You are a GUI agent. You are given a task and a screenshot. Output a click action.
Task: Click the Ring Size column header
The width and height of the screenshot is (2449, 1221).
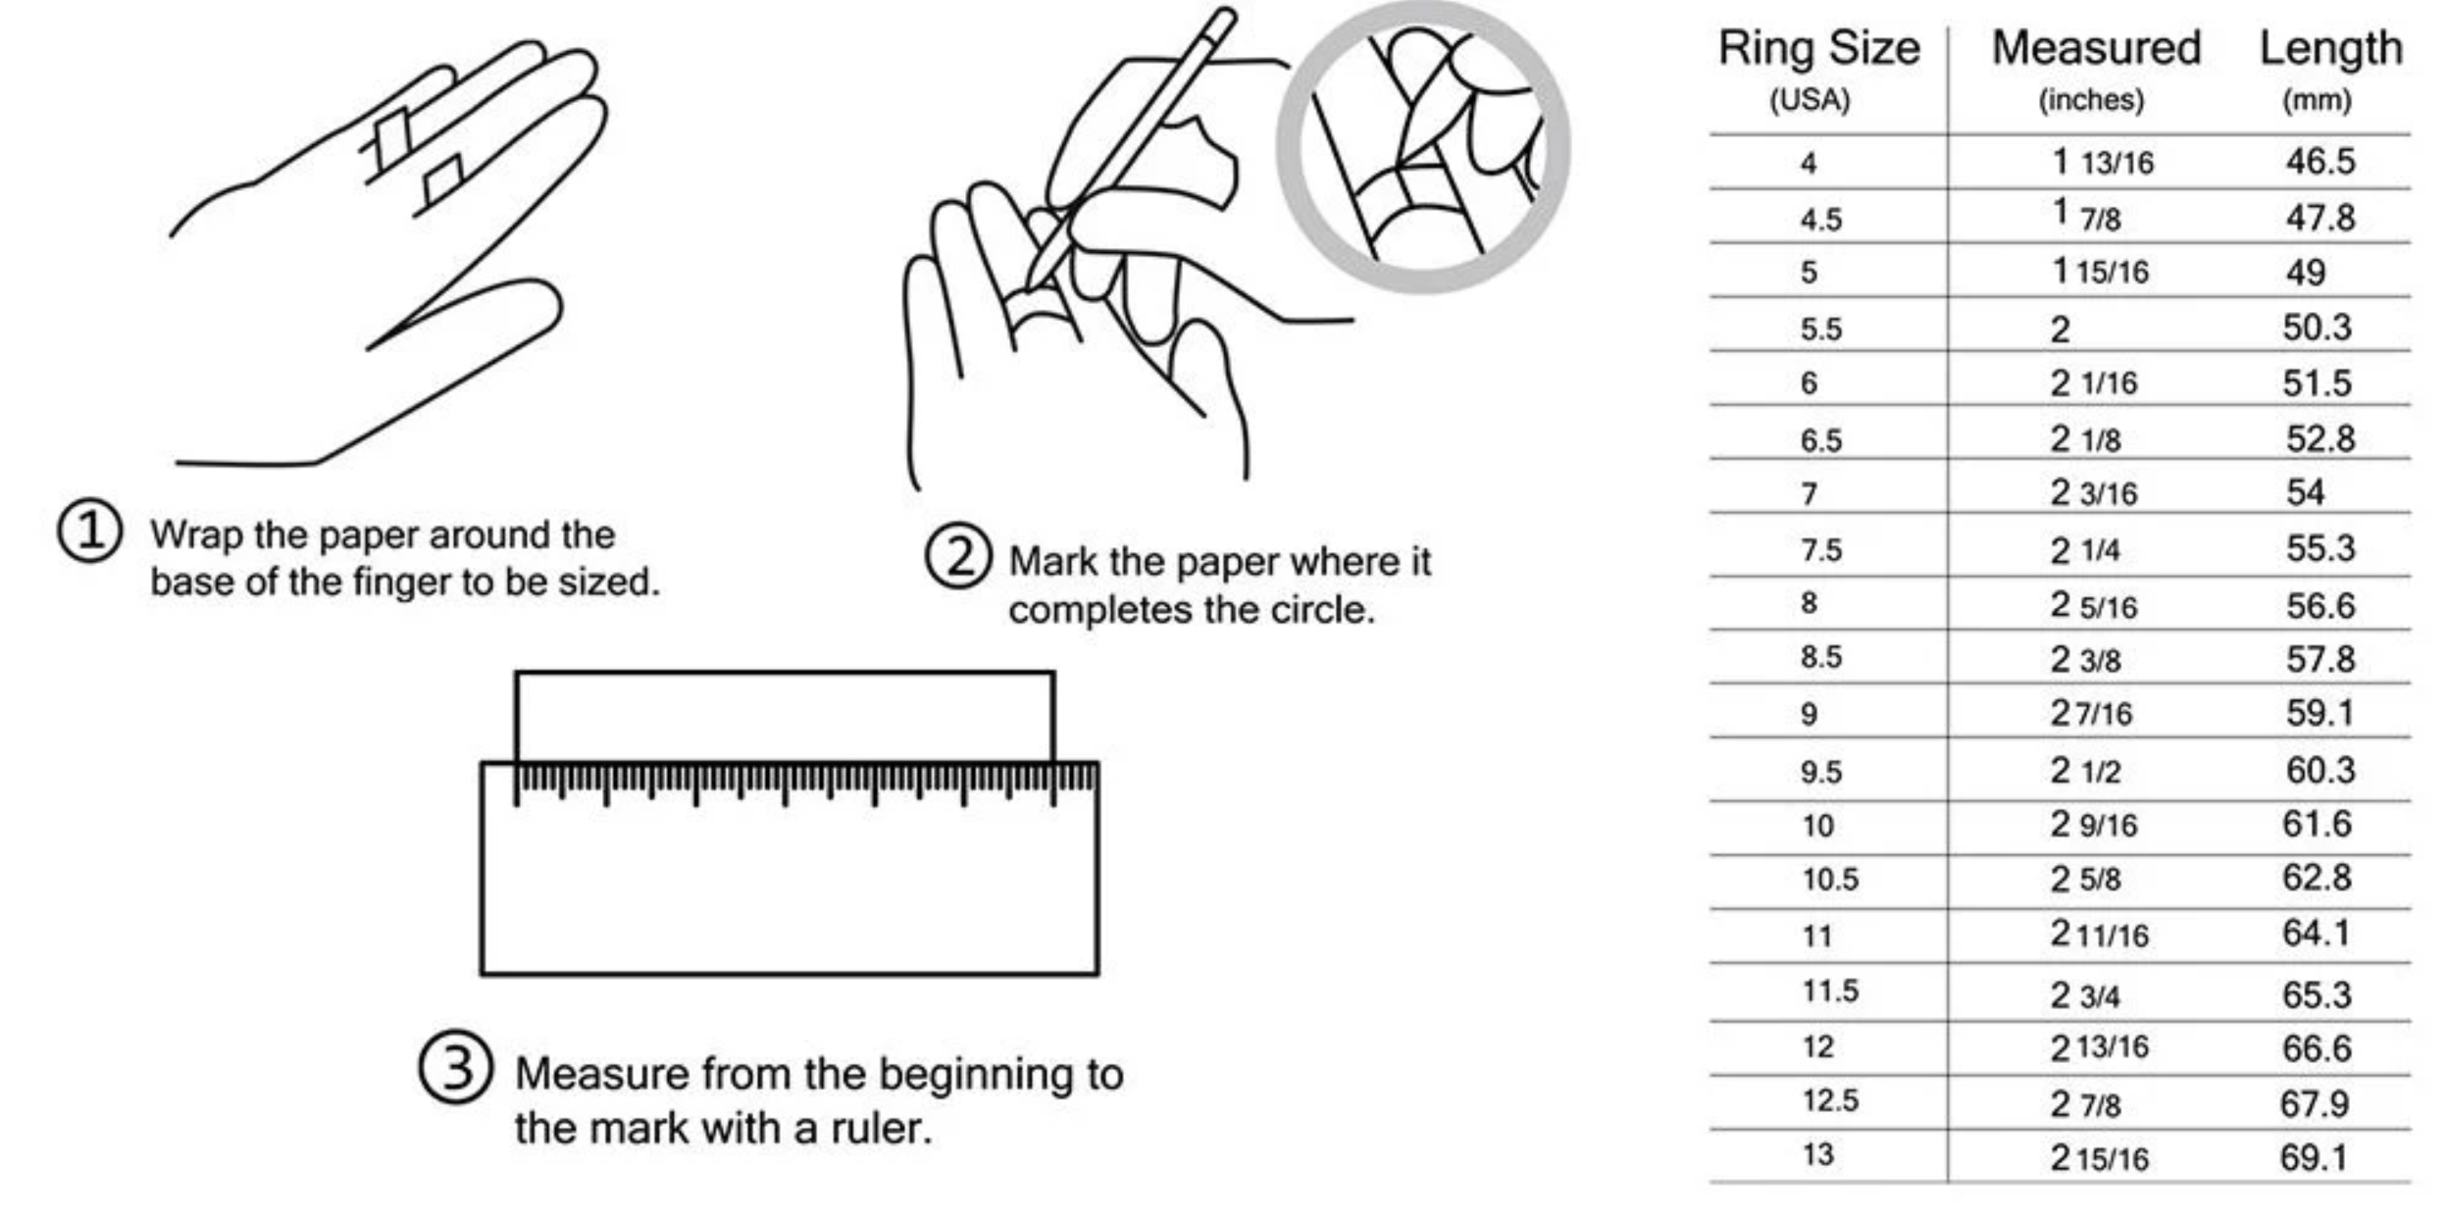click(x=1818, y=49)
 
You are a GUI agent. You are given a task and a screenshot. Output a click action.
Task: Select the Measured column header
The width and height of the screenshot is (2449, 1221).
click(x=2096, y=49)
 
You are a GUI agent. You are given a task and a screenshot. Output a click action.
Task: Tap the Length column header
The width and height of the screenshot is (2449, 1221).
click(x=2330, y=49)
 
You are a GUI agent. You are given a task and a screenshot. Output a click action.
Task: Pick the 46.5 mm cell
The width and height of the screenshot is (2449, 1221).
click(x=2320, y=161)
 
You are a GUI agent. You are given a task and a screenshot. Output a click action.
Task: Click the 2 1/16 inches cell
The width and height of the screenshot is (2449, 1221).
click(x=2093, y=382)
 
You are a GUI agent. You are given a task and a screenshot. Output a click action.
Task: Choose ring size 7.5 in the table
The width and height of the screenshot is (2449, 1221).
click(x=1820, y=549)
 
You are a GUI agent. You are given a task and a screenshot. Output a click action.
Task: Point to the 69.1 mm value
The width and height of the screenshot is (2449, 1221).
click(x=2314, y=1157)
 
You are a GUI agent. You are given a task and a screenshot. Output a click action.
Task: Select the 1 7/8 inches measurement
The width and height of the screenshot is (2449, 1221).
click(x=2087, y=216)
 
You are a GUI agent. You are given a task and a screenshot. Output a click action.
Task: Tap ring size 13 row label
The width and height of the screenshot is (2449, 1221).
click(x=1816, y=1154)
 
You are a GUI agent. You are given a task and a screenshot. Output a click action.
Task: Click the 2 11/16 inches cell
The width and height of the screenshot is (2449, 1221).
click(x=2099, y=935)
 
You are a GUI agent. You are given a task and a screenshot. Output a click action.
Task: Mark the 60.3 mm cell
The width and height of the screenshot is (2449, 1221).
click(x=2320, y=770)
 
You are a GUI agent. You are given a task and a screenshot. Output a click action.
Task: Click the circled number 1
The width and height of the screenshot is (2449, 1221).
click(x=89, y=532)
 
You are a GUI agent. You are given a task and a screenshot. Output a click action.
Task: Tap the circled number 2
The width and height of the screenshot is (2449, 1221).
click(x=957, y=556)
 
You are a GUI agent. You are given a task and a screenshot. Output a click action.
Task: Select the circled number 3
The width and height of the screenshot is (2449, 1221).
click(x=455, y=1068)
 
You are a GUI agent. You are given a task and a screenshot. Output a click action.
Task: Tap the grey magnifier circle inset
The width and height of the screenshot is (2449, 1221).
click(x=1422, y=147)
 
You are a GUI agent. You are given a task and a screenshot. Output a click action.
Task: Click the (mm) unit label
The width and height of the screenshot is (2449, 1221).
click(x=2316, y=100)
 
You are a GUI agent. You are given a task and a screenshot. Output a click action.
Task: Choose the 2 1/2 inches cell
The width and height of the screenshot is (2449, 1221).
click(x=2085, y=771)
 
